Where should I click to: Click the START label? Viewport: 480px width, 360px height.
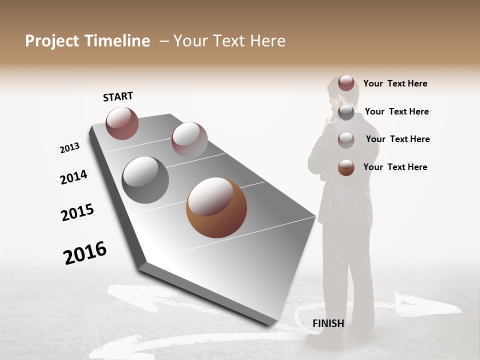(x=118, y=97)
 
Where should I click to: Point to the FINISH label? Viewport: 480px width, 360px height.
(x=328, y=323)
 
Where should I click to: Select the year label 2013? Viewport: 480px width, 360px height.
(x=69, y=148)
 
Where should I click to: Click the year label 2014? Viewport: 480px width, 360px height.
(x=73, y=177)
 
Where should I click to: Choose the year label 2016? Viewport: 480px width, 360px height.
(x=85, y=253)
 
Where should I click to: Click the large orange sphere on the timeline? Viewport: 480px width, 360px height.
(x=216, y=207)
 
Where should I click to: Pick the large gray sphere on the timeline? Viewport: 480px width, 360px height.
(x=145, y=180)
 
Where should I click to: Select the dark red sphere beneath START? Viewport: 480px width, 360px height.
(x=122, y=123)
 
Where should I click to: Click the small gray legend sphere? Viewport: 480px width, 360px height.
(x=346, y=112)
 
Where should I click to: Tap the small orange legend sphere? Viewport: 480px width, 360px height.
(x=346, y=167)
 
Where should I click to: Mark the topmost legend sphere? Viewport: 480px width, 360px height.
(x=346, y=83)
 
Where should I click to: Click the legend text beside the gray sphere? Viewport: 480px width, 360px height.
(x=396, y=111)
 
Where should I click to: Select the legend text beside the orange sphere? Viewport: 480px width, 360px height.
(x=395, y=167)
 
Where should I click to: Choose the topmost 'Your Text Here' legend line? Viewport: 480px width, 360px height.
(x=395, y=83)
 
